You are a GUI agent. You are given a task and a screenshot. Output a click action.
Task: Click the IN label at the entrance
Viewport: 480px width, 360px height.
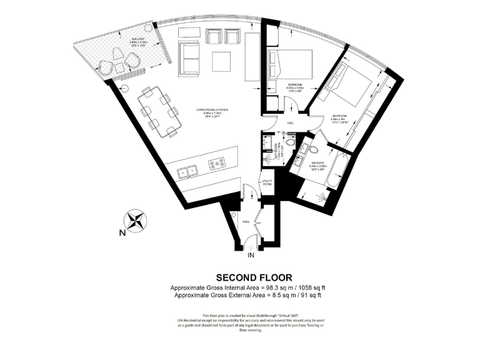pos(251,256)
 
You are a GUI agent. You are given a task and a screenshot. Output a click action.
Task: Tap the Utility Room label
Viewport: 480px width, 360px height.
pos(267,182)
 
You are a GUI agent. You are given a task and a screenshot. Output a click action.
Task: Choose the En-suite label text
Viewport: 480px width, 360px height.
pos(318,163)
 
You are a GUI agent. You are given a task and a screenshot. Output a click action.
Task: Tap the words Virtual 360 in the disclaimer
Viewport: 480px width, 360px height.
pos(288,315)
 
